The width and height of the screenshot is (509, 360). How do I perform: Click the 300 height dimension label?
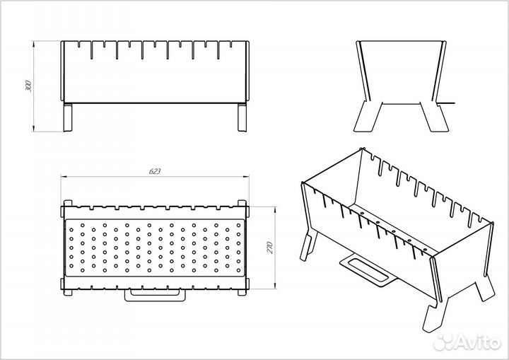[28, 86]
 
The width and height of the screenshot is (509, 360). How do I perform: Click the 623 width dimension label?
[155, 171]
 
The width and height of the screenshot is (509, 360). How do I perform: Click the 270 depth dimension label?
[270, 248]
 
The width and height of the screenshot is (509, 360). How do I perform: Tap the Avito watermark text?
[477, 342]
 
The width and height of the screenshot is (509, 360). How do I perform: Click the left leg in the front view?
[68, 117]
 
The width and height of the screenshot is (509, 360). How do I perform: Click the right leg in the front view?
[242, 117]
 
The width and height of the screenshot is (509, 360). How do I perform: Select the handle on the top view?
[155, 295]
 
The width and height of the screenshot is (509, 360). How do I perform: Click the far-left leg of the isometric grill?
[307, 244]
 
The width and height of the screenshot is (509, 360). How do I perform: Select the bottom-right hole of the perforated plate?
[238, 270]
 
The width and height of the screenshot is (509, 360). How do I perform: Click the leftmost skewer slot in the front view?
[79, 45]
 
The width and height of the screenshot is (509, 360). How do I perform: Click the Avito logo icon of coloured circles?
[443, 342]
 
